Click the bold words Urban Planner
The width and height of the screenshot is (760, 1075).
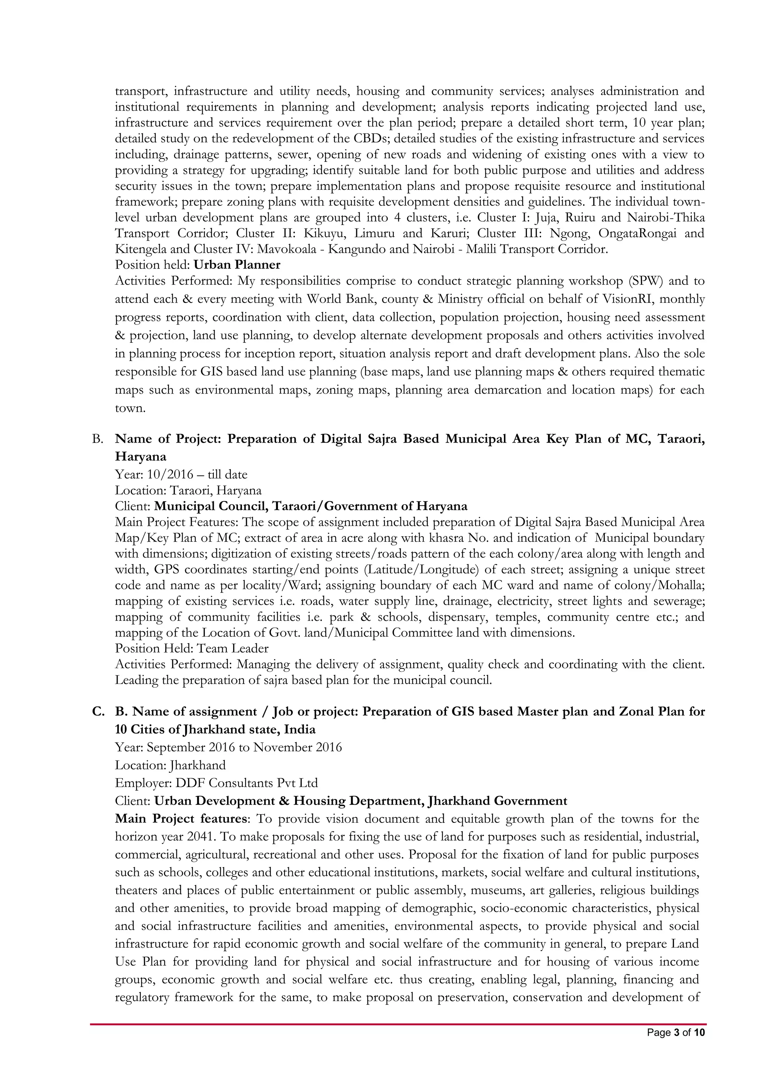237,265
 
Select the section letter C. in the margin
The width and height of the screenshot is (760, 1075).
98,712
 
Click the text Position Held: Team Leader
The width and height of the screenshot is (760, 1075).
192,648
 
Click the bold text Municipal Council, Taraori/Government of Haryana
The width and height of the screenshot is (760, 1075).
311,506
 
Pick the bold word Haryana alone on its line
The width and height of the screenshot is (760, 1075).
140,456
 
